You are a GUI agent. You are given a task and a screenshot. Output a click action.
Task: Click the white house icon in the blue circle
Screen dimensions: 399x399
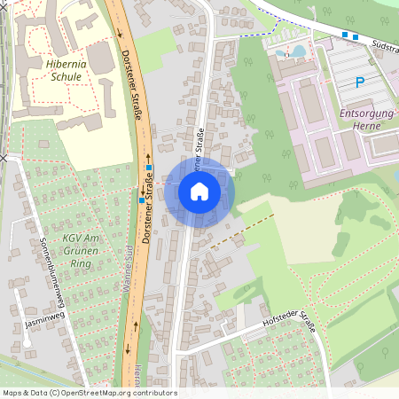point(199,191)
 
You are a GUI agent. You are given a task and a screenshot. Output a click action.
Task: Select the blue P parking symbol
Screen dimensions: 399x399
point(359,82)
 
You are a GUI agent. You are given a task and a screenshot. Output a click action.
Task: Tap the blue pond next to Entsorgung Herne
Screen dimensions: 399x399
point(296,51)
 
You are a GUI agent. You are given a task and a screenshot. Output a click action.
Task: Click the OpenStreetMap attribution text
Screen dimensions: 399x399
point(89,393)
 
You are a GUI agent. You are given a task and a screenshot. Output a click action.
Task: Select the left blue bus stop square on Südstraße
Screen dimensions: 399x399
point(344,35)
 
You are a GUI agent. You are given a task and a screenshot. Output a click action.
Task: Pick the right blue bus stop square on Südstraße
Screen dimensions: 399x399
point(355,37)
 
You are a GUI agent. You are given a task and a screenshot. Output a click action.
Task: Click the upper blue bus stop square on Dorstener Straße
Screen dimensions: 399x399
point(150,168)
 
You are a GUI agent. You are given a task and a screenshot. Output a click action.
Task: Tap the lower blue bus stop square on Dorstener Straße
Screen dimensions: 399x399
point(141,200)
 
